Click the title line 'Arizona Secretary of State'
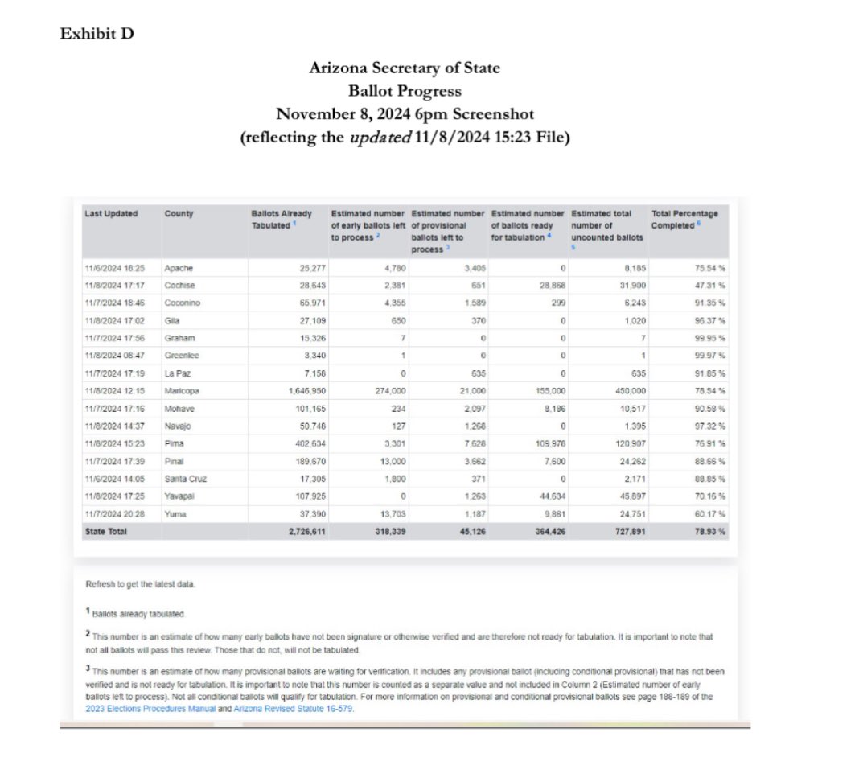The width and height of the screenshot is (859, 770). (x=405, y=68)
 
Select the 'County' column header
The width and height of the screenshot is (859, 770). (x=179, y=213)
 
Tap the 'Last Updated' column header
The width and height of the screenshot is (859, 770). (x=111, y=213)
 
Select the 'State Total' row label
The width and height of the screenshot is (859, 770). (x=105, y=532)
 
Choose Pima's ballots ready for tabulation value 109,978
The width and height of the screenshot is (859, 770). (x=551, y=444)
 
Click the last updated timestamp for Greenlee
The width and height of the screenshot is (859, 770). (x=111, y=356)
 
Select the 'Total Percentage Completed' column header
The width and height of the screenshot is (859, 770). (x=684, y=219)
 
